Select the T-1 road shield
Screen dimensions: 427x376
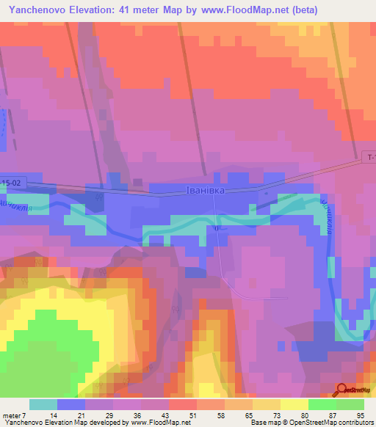371,158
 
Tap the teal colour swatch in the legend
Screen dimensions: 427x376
43,404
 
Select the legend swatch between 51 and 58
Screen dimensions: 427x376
211,404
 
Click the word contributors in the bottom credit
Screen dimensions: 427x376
355,423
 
